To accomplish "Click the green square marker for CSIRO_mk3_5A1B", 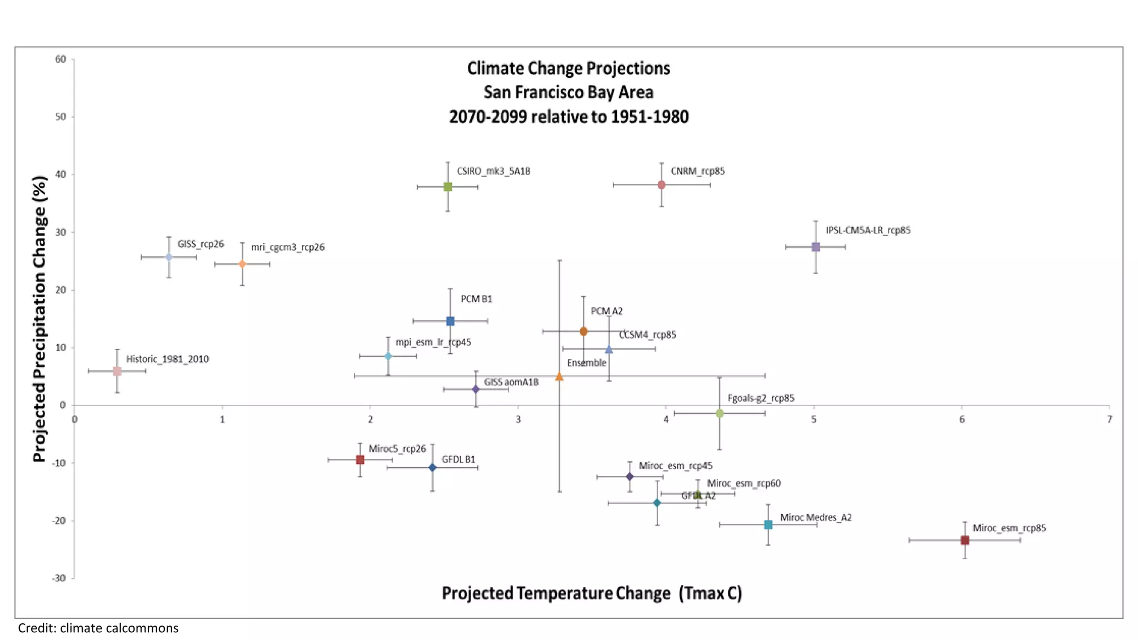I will click(448, 187).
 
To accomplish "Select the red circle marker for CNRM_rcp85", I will click(661, 184).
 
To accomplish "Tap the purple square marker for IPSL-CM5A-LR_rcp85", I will click(816, 247).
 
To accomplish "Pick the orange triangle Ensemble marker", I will click(560, 377).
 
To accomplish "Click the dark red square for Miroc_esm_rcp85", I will click(965, 540).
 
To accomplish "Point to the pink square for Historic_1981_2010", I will click(117, 371).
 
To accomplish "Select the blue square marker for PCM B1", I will click(451, 321).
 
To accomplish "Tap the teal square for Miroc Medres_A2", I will click(768, 524).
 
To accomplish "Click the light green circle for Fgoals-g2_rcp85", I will click(720, 413).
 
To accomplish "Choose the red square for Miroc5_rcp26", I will click(360, 459).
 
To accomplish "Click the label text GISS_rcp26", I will click(201, 244).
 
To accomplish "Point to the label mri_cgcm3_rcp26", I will click(288, 247).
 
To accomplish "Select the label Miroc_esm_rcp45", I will click(675, 466).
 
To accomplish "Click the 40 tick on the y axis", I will click(60, 174).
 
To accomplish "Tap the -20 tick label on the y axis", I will click(59, 521).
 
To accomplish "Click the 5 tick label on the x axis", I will click(813, 419).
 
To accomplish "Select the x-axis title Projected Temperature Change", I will click(592, 593).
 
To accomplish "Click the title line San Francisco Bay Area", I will click(568, 92).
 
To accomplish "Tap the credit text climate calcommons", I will click(98, 628).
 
